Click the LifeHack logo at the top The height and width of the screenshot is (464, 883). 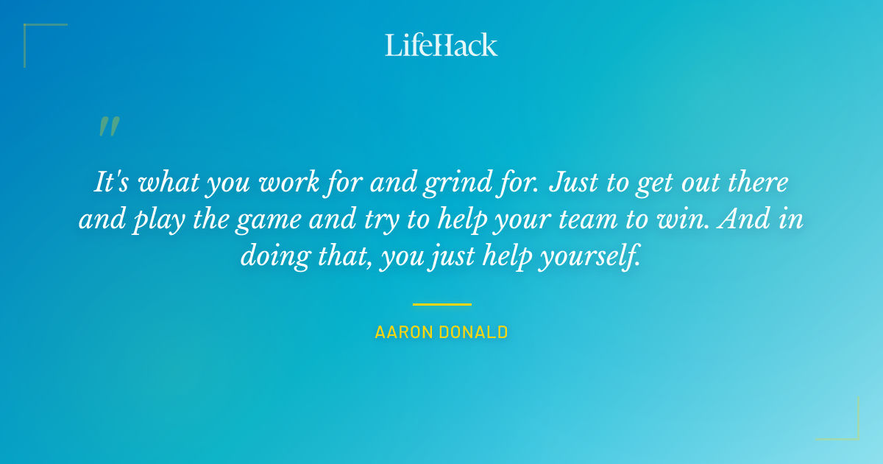(x=441, y=45)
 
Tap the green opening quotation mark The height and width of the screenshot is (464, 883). (x=108, y=127)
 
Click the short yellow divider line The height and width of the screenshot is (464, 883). (x=441, y=303)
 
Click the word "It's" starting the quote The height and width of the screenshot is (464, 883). (x=113, y=182)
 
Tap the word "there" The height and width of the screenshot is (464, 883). (x=759, y=182)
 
